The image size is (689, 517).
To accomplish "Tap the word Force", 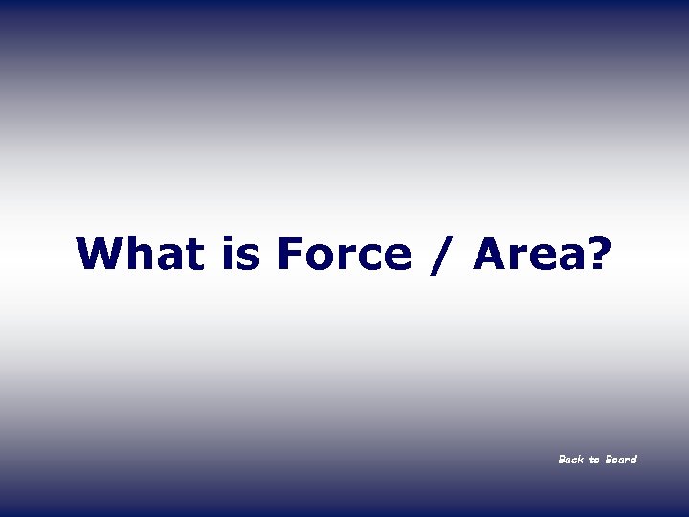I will (343, 255).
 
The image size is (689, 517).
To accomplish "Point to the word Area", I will (528, 255).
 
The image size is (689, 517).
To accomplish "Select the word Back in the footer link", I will (570, 460).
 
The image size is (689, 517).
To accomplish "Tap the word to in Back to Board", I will (594, 461).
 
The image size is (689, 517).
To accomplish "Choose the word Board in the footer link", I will (620, 460).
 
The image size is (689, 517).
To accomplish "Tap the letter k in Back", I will (580, 460).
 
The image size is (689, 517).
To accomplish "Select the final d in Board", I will (633, 460).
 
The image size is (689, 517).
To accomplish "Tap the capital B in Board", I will (608, 460).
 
